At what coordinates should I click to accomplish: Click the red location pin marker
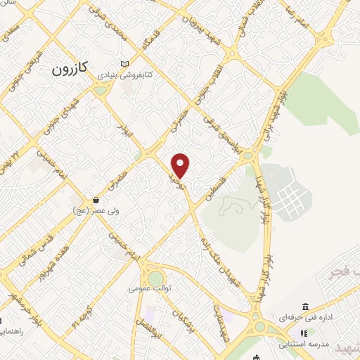(x=181, y=165)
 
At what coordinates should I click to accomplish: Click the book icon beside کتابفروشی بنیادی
(x=125, y=62)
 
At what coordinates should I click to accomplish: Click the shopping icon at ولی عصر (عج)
(x=96, y=200)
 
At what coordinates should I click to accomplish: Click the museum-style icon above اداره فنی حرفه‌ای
(x=304, y=307)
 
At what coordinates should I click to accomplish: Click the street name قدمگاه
(x=156, y=33)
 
